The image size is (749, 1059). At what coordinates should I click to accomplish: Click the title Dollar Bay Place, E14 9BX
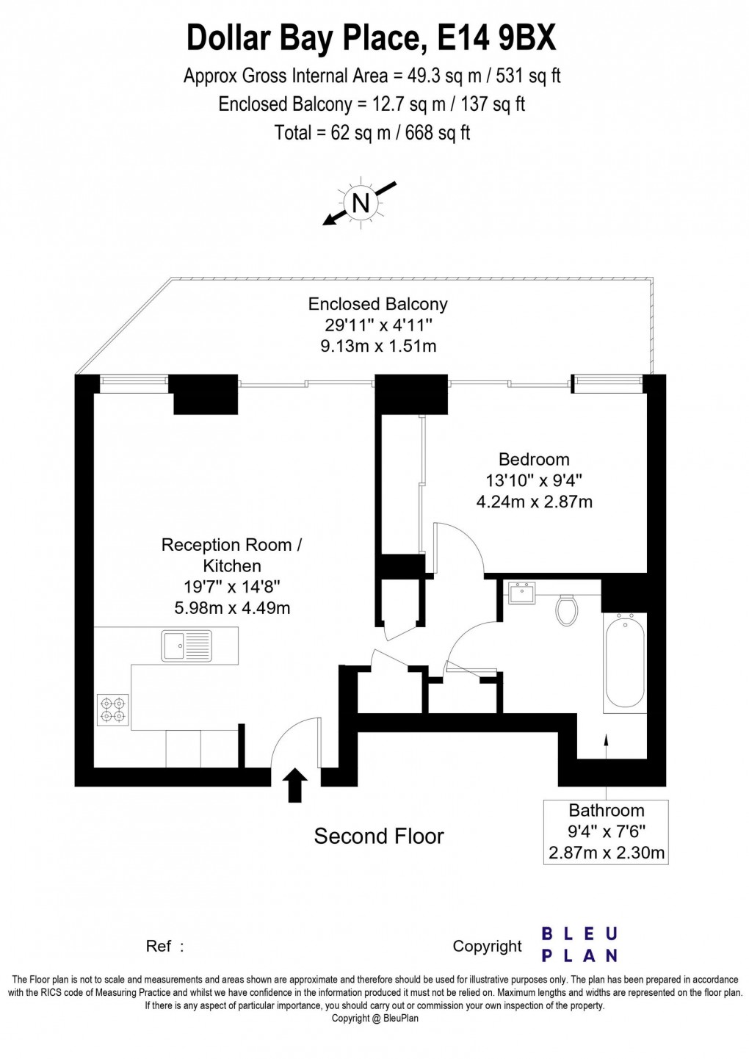coord(372,38)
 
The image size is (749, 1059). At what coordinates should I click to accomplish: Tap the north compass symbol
coord(361,202)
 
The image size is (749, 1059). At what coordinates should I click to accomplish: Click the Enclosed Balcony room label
coord(377,304)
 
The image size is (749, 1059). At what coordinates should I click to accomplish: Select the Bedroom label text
coord(534,460)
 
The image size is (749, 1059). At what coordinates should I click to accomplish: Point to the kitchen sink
coord(186,646)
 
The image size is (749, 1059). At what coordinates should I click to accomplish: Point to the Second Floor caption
coord(379,836)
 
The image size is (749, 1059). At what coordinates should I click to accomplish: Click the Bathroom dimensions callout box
coord(606,831)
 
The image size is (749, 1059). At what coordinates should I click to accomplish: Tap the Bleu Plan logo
coord(579,944)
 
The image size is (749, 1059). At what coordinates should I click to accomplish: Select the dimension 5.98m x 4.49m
coord(231,608)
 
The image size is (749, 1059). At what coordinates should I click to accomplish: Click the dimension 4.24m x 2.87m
coord(534,502)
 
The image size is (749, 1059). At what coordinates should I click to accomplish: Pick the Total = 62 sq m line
coord(372,133)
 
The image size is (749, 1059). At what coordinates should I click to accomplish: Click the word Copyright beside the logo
coord(487,947)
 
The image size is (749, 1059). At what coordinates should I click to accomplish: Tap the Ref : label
coord(164,947)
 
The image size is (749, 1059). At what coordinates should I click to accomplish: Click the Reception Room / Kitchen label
coord(231,555)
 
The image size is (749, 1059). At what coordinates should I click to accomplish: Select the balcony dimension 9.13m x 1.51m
coord(377,346)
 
